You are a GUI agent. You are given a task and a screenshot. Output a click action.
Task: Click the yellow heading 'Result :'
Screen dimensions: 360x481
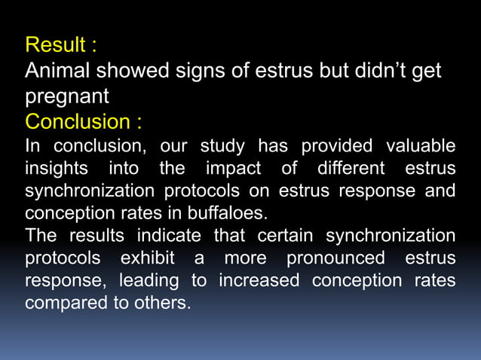point(60,45)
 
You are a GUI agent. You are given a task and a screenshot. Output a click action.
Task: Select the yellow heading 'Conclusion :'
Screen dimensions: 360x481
point(84,121)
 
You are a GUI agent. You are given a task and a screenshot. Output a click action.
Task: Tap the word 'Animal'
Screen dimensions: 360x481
point(60,72)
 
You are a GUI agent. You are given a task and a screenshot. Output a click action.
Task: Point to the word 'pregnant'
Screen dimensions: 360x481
point(67,97)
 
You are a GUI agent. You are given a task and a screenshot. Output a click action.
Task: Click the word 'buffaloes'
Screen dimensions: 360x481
point(225,213)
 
